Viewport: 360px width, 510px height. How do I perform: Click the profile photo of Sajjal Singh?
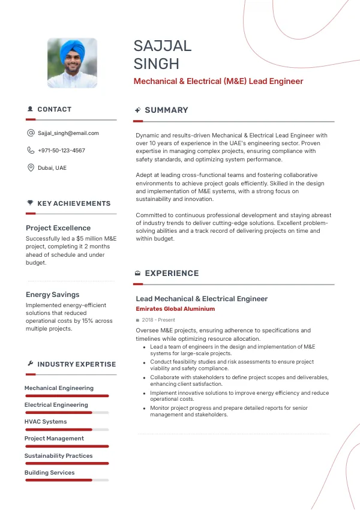[73, 64]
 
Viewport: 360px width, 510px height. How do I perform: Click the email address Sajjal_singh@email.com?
[68, 133]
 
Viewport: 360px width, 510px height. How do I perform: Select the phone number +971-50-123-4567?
[61, 151]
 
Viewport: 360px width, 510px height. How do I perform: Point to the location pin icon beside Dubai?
[31, 168]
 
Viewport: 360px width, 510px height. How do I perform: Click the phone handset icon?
[31, 151]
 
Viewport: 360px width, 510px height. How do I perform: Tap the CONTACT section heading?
[54, 110]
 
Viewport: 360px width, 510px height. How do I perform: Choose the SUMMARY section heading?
[166, 110]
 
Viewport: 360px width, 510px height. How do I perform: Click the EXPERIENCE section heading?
[172, 274]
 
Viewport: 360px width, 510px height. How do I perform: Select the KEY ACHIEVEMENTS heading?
[74, 204]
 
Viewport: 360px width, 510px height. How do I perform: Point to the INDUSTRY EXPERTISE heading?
[76, 364]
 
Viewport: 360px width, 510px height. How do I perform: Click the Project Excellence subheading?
[58, 228]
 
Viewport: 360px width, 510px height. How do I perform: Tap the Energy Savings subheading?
[52, 295]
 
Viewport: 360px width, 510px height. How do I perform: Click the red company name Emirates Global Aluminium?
[175, 309]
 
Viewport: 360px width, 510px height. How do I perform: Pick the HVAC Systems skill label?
[46, 422]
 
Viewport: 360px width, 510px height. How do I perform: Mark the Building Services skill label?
[49, 473]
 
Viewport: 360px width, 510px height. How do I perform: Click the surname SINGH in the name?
[156, 64]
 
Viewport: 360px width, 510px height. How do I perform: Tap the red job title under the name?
[218, 82]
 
